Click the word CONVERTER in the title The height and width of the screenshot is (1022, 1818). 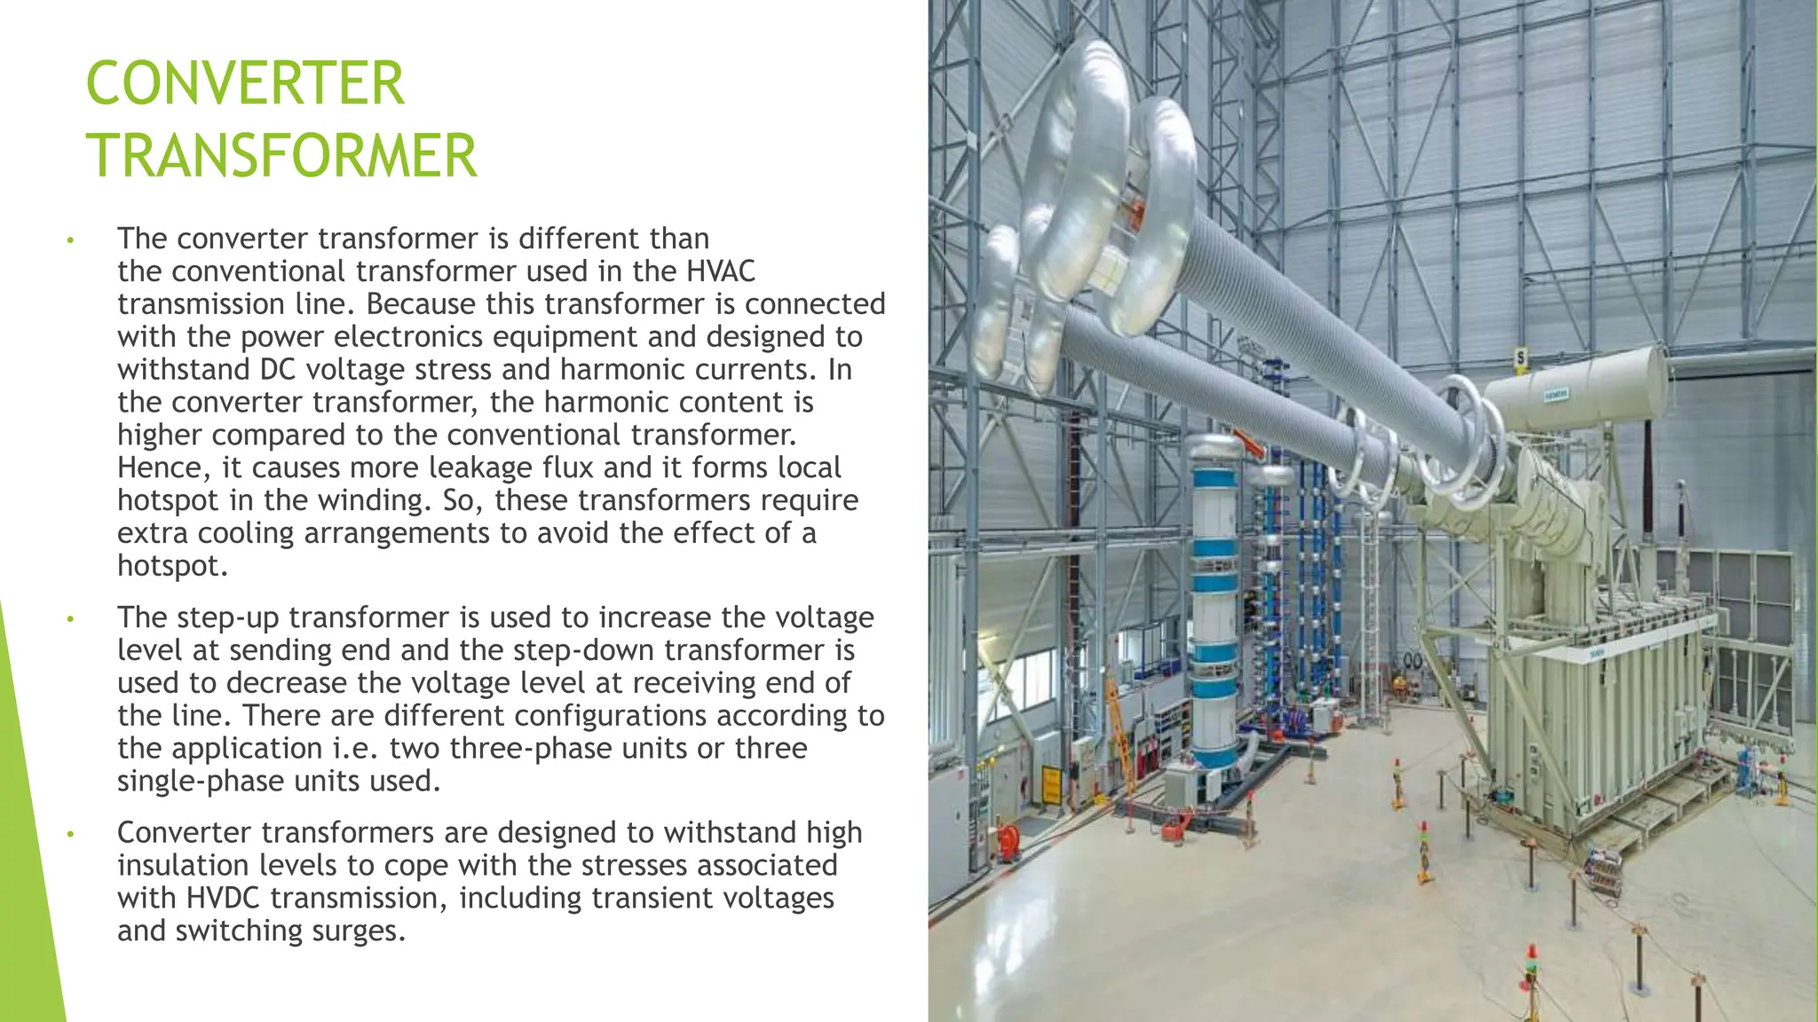point(245,84)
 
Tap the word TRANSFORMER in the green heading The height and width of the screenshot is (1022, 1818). point(281,156)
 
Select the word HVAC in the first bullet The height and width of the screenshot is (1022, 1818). point(721,271)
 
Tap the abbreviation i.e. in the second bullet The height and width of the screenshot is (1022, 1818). point(356,749)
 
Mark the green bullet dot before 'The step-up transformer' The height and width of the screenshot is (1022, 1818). point(69,619)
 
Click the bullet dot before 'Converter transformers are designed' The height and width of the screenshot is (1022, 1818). point(69,835)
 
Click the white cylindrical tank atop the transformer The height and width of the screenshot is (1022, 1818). point(1576,390)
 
